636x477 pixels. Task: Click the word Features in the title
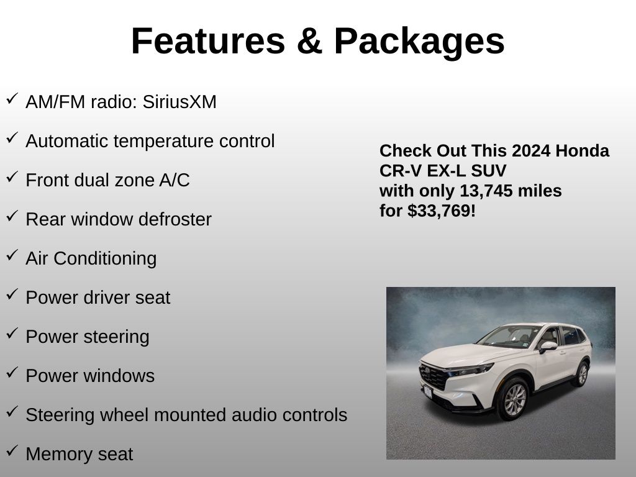coord(208,41)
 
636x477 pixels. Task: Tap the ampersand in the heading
coord(309,41)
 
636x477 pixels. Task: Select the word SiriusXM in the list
coord(179,101)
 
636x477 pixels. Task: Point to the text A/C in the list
coord(175,180)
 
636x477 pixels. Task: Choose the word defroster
coord(175,219)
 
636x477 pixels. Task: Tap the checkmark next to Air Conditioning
coord(12,255)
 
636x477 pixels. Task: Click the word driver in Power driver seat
coord(107,298)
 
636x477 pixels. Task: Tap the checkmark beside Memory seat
coord(12,451)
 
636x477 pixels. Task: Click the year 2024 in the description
coord(531,151)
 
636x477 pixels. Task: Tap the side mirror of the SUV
coord(548,347)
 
